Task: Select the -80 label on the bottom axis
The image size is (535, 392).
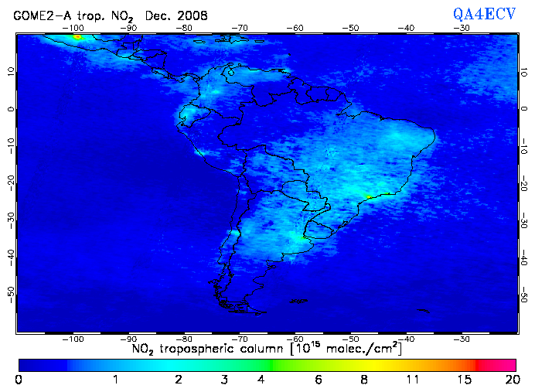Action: tap(185, 339)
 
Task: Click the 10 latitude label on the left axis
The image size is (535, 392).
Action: tap(10, 71)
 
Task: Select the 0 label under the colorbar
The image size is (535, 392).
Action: tap(19, 380)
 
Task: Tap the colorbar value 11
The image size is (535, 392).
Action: tap(414, 380)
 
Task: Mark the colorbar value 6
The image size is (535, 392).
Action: tap(318, 380)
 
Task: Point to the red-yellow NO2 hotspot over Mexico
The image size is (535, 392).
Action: tap(77, 36)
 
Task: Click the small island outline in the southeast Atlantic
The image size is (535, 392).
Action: tap(422, 311)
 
